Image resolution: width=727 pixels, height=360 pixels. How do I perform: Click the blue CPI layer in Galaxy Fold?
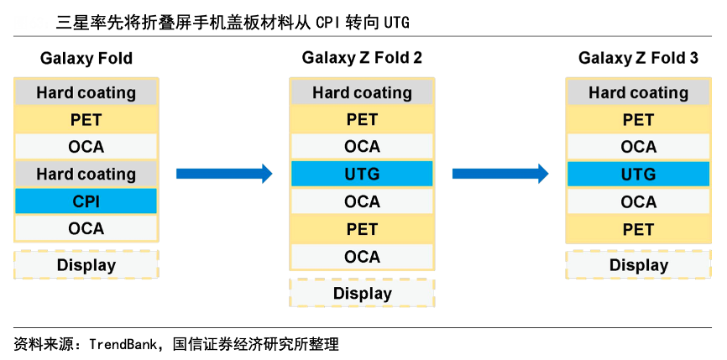pos(86,201)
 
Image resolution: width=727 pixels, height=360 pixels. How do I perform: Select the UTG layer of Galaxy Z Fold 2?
pos(362,175)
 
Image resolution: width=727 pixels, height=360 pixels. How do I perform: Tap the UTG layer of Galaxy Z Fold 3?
pos(638,175)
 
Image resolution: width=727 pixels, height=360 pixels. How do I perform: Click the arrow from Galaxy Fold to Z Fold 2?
pos(224,174)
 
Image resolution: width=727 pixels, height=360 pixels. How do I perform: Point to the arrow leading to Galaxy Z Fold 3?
pos(500,174)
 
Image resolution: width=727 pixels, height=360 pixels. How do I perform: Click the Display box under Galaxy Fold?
pos(86,265)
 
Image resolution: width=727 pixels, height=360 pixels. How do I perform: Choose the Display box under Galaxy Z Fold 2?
pos(362,293)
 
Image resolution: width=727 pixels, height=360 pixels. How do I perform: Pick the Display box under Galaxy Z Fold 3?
pos(638,265)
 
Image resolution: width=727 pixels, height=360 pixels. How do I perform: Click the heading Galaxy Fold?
pos(86,59)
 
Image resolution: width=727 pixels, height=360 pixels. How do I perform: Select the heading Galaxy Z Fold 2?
pos(362,59)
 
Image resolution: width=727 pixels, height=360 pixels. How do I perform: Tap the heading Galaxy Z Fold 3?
pos(638,59)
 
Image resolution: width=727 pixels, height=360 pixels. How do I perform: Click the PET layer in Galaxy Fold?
pos(86,120)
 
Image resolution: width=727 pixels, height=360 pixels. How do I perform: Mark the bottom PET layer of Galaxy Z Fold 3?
pos(638,229)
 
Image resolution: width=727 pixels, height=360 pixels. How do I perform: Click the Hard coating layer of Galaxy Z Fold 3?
pos(638,92)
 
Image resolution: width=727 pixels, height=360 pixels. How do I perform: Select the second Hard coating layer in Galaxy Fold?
pos(86,175)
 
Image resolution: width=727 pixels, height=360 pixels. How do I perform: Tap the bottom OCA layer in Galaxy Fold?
pos(86,228)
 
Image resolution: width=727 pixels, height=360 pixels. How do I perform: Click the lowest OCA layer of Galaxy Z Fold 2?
pos(362,256)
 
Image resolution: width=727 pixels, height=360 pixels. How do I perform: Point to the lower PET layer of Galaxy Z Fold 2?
pos(362,229)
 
